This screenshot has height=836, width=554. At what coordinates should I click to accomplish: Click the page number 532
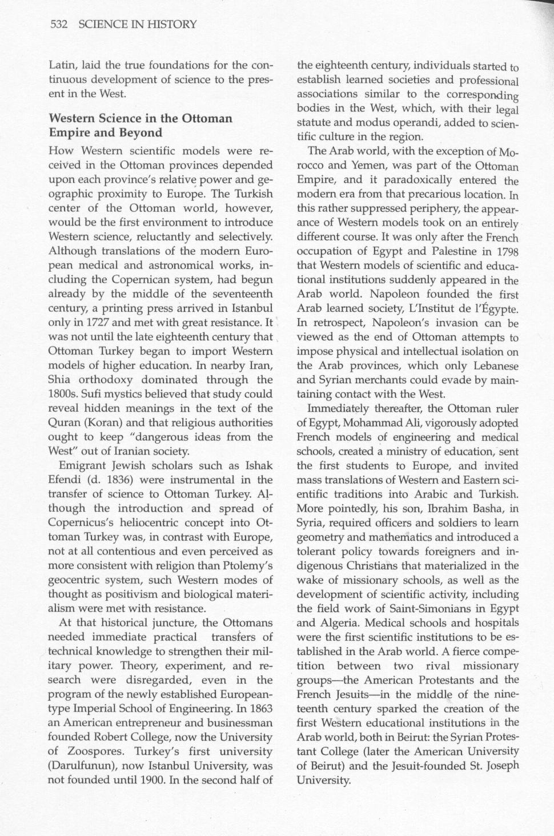[x=59, y=25]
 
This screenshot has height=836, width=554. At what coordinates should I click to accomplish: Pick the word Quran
[x=64, y=423]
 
